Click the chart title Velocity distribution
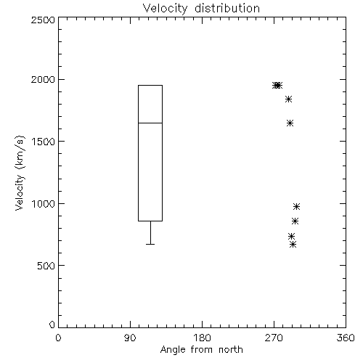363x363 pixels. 201,9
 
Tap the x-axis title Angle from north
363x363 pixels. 201,349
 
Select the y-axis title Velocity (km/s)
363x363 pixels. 20,173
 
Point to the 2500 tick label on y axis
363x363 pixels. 43,20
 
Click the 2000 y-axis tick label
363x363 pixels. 43,79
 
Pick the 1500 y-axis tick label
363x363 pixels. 44,142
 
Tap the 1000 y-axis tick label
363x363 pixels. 44,203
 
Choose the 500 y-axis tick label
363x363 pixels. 46,266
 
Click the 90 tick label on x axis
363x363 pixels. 130,338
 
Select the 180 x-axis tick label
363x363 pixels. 202,338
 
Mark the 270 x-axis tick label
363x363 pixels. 274,338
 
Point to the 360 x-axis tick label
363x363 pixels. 346,338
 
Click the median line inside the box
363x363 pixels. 150,123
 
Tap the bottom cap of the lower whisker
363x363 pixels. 150,244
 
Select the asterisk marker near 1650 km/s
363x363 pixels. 290,123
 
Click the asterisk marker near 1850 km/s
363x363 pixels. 288,99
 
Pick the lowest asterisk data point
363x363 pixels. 293,245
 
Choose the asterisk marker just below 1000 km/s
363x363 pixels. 296,206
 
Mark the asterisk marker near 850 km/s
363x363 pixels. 295,221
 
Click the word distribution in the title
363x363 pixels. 227,9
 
